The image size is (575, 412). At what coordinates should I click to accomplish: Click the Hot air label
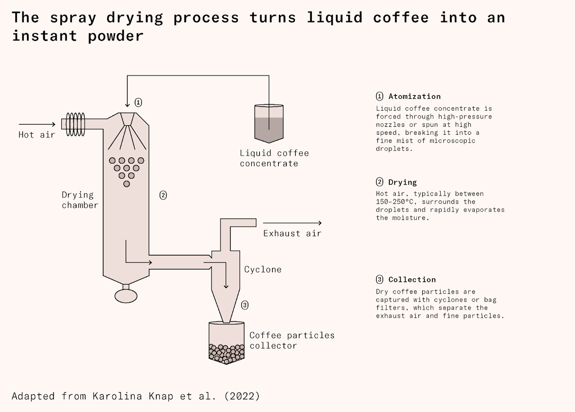click(x=37, y=135)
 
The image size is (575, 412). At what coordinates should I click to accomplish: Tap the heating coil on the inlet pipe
click(x=75, y=124)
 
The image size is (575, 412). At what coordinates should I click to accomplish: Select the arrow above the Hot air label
click(x=37, y=124)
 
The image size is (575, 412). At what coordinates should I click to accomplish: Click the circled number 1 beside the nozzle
click(x=138, y=102)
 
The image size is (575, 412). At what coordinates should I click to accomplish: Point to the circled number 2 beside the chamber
click(x=163, y=195)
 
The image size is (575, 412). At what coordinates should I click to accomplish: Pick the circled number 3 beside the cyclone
click(x=245, y=305)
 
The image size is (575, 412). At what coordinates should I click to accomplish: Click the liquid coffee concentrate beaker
click(x=269, y=123)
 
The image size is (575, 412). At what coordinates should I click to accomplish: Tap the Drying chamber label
click(x=79, y=200)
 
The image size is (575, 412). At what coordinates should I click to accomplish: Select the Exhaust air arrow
click(x=292, y=223)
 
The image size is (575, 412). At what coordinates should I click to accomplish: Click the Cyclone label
click(x=263, y=270)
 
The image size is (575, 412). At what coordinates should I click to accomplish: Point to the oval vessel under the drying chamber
click(x=126, y=296)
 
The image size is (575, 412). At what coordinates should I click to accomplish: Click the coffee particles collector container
click(x=226, y=342)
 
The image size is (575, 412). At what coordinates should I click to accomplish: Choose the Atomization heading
click(x=414, y=97)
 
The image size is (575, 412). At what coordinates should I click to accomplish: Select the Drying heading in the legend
click(x=402, y=182)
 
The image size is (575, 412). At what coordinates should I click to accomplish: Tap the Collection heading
click(x=412, y=280)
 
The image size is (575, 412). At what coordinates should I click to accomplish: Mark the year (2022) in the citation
click(x=242, y=396)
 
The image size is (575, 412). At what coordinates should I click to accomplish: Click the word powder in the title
click(x=116, y=36)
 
